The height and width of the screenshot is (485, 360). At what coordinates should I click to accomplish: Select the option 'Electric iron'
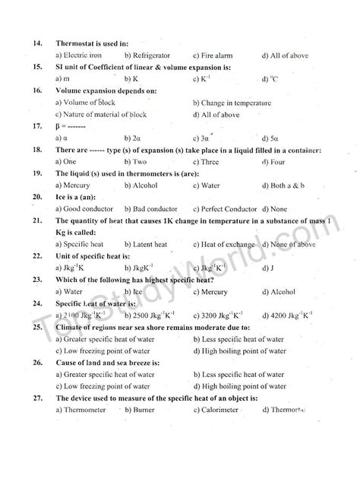77,55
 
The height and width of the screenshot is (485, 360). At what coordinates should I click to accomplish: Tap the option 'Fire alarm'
218,55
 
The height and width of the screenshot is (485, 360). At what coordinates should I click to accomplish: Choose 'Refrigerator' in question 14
150,55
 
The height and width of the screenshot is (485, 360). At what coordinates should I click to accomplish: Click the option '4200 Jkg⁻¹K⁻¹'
292,315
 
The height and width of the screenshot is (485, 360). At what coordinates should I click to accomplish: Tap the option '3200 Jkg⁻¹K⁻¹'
223,315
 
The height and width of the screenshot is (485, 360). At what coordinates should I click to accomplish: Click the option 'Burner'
141,410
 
